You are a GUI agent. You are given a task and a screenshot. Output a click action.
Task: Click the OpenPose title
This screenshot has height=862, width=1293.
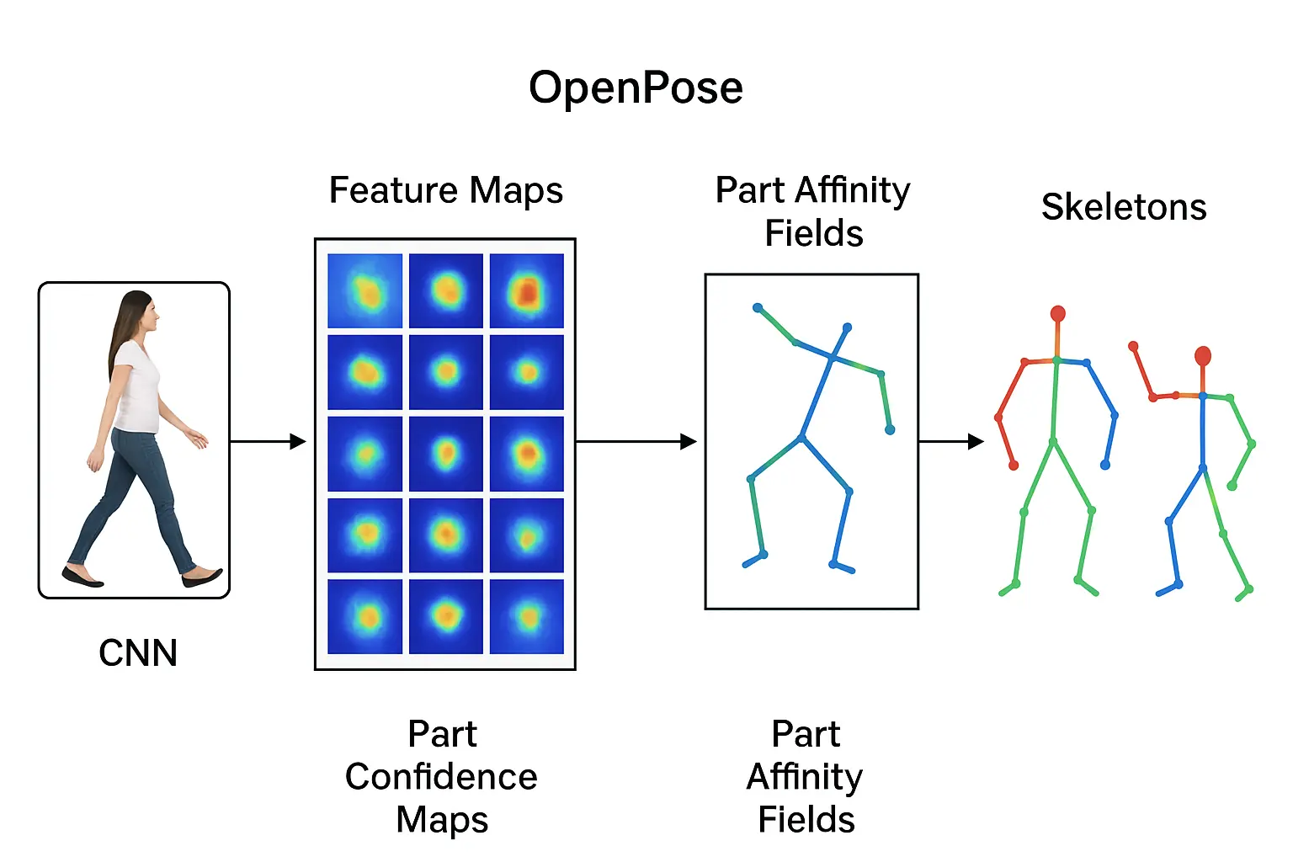point(636,88)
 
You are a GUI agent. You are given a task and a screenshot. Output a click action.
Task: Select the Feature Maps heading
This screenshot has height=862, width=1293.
point(445,190)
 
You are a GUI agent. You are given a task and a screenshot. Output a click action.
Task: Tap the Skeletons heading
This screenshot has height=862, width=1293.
point(1124,207)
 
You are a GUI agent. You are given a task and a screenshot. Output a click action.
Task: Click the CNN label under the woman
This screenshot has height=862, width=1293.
point(138,653)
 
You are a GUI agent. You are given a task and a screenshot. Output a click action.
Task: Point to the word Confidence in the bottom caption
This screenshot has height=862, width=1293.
point(441,777)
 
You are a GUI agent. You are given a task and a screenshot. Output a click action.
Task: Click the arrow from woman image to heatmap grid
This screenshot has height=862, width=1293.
point(268,441)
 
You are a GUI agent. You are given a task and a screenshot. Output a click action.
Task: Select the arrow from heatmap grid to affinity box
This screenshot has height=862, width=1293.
point(636,441)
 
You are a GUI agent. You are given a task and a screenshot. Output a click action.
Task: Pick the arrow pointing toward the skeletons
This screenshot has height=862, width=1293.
point(951,441)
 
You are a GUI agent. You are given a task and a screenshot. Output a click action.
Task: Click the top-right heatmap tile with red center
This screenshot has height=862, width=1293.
point(527,290)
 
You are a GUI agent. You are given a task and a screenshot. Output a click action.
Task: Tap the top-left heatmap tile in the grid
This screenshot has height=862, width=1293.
point(364,290)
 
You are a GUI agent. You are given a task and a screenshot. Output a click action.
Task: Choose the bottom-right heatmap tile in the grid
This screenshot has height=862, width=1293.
point(527,617)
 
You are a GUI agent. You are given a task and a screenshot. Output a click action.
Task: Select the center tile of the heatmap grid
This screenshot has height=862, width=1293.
point(446,455)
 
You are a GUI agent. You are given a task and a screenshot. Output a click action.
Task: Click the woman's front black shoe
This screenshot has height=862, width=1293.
point(203,578)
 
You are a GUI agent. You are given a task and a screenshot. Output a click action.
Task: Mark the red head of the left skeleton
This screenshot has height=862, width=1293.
point(1058,315)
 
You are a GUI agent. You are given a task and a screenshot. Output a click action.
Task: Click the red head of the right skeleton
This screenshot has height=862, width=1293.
point(1203,356)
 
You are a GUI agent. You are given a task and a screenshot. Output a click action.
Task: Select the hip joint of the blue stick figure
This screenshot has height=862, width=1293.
point(802,437)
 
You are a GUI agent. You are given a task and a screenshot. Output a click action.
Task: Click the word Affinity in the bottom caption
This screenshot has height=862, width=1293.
point(805,777)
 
